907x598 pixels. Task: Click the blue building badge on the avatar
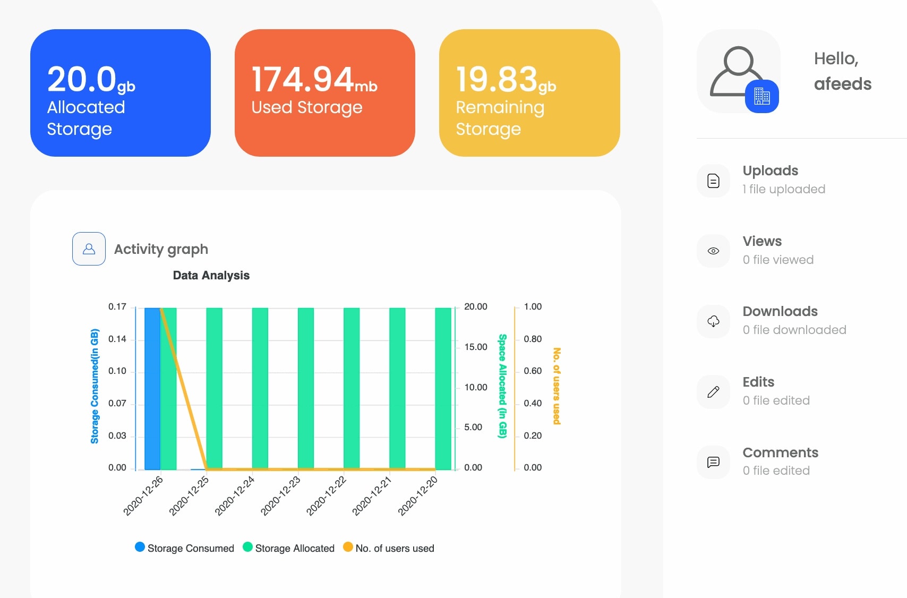761,96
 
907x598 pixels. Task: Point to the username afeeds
843,84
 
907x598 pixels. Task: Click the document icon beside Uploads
713,181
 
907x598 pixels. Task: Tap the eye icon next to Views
713,251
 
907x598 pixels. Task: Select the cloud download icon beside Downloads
713,321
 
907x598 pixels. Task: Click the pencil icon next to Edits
713,391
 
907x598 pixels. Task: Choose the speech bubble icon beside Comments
713,462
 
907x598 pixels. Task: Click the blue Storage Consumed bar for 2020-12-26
152,389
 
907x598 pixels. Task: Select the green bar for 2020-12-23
306,389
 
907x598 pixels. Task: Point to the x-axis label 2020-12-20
418,496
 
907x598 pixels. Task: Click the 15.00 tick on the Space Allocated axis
476,347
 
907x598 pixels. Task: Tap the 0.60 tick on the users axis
533,371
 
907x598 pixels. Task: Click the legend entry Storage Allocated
289,548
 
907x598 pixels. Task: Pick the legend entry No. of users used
389,548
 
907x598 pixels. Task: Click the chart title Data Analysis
211,275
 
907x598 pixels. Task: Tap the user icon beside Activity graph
89,249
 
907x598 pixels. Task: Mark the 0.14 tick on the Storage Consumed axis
117,339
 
